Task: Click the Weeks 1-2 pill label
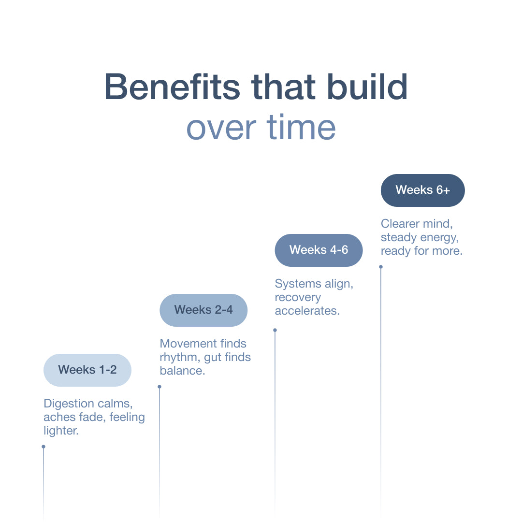87,370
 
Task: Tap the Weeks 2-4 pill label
203,310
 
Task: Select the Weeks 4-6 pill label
319,250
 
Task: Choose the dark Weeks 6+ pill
423,190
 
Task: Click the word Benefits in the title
172,87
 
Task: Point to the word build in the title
367,87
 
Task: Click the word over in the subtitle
221,130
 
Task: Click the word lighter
61,431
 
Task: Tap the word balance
182,371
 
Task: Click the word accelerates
307,311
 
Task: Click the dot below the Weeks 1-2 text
43,447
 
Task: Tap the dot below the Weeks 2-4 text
159,387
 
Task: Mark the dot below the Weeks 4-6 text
275,330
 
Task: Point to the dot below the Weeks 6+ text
381,267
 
